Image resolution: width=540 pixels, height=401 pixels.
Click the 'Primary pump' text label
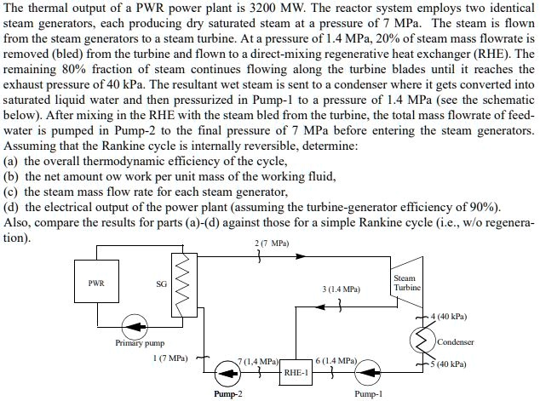139,343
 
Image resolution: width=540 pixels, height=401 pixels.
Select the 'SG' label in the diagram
159,284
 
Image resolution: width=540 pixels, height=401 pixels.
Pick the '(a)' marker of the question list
12,160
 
